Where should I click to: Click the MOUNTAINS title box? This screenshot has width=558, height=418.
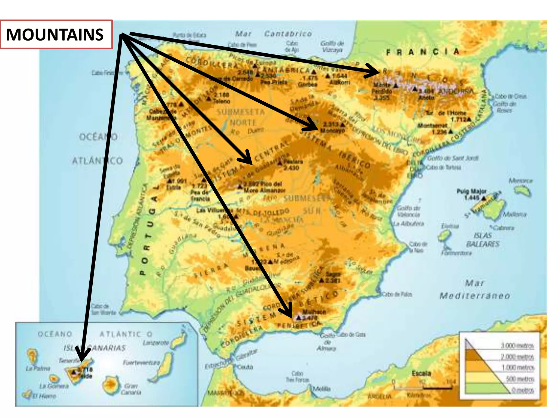pyautogui.click(x=56, y=35)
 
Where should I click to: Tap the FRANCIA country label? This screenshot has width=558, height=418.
pyautogui.click(x=423, y=52)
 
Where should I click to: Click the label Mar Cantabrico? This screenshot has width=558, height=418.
pyautogui.click(x=274, y=34)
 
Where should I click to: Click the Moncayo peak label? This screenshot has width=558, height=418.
pyautogui.click(x=332, y=131)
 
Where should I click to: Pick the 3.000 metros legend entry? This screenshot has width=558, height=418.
pyautogui.click(x=517, y=346)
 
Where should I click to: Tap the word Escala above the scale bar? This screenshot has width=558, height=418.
pyautogui.click(x=421, y=373)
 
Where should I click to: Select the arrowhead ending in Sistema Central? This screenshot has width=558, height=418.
pyautogui.click(x=247, y=159)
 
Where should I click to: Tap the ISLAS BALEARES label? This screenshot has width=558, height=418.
pyautogui.click(x=483, y=240)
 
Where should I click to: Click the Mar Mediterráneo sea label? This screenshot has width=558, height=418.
pyautogui.click(x=474, y=290)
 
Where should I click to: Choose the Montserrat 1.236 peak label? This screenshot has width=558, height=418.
pyautogui.click(x=432, y=128)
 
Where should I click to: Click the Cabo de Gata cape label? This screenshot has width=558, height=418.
pyautogui.click(x=351, y=334)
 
